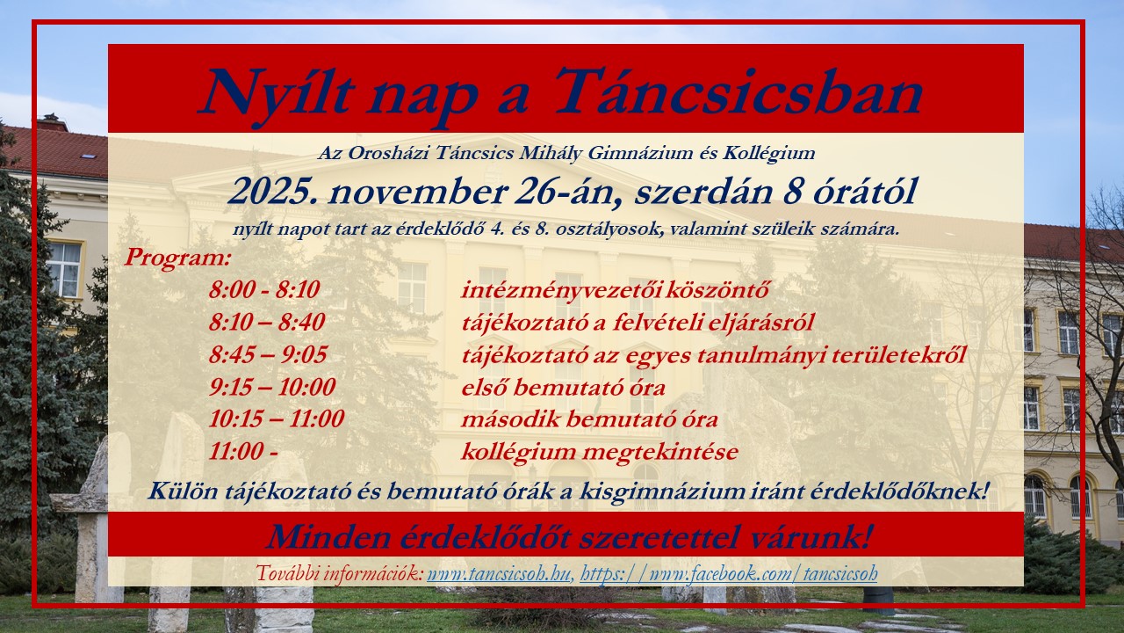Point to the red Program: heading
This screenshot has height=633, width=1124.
177,258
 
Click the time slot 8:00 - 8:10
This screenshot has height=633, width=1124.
264,289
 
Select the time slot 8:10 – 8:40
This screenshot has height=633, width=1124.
267,322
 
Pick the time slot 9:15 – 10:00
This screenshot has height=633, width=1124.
272,387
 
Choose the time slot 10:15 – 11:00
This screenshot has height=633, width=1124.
277,419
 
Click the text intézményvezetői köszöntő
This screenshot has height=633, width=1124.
616,289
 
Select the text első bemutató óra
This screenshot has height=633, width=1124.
563,387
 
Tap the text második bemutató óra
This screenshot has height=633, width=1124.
589,419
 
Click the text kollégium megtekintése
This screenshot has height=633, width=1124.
600,452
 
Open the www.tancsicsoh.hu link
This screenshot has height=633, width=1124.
499,575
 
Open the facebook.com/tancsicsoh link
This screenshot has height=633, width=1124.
729,575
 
